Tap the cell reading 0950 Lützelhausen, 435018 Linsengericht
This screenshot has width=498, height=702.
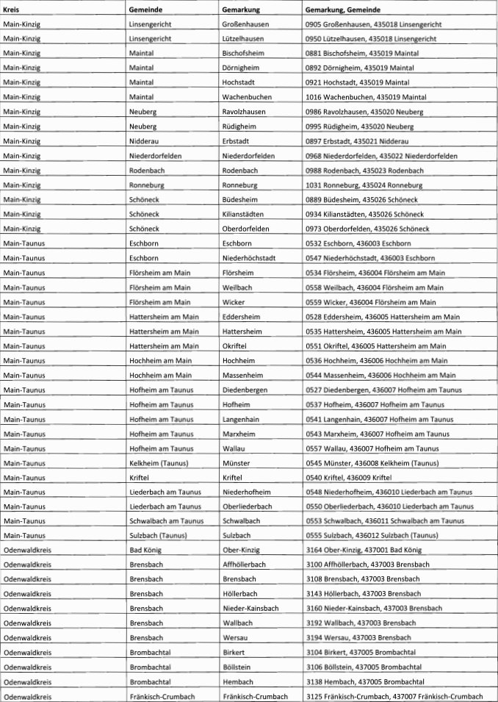(x=373, y=38)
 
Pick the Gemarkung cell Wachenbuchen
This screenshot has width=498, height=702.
(x=246, y=96)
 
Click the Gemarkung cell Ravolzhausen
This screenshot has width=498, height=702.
(x=244, y=111)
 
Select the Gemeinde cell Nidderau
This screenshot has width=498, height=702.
(x=144, y=140)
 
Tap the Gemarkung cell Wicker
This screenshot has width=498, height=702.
(x=233, y=301)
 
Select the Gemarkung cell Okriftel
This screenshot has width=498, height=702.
(x=235, y=345)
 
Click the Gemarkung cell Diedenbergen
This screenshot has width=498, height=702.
(x=245, y=390)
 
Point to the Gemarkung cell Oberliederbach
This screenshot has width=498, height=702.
(x=247, y=506)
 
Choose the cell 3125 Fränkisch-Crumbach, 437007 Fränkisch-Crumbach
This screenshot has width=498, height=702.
(x=394, y=696)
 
